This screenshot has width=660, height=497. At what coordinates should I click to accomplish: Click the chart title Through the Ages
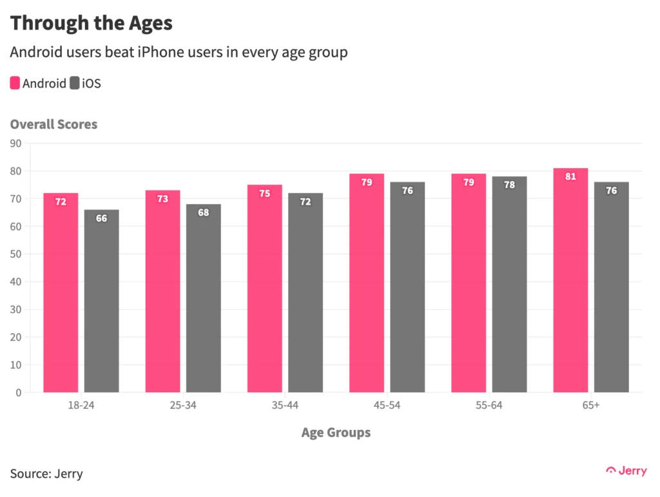coord(92,23)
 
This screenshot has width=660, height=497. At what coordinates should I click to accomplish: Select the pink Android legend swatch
coord(15,83)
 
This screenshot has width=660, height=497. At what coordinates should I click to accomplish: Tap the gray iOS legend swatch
coord(75,83)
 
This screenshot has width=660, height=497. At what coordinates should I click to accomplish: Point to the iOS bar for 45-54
coord(407,287)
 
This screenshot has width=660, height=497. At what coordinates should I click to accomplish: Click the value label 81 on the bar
coord(570,176)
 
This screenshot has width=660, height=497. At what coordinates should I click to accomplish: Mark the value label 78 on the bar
coord(509,185)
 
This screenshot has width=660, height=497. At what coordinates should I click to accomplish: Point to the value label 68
coord(203,212)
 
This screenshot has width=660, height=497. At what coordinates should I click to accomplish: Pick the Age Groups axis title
coord(336,433)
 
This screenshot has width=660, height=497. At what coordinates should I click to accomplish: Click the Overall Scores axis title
coord(53,124)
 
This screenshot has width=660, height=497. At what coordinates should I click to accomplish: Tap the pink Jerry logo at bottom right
coord(626,471)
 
